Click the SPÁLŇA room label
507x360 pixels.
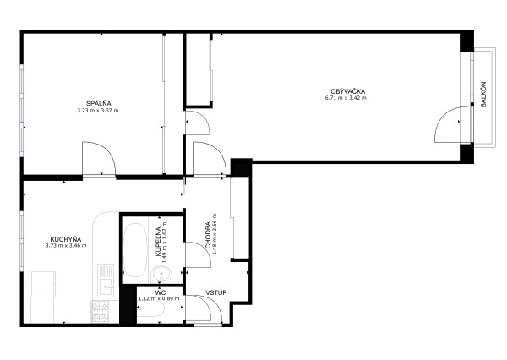(x=99, y=103)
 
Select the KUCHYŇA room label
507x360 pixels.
(x=66, y=239)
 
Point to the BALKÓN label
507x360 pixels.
(x=483, y=95)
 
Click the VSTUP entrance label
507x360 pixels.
(x=216, y=292)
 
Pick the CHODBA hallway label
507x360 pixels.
(x=208, y=235)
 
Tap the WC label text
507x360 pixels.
(x=160, y=292)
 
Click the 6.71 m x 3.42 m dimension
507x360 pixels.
(x=346, y=98)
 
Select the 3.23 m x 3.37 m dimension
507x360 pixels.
(x=98, y=111)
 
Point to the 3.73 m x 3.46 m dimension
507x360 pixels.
(x=66, y=246)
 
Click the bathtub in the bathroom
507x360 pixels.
(x=135, y=250)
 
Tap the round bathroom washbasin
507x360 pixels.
(x=161, y=275)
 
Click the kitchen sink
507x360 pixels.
(x=106, y=280)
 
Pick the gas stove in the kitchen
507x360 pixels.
(x=101, y=312)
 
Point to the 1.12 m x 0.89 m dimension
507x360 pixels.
(x=159, y=298)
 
